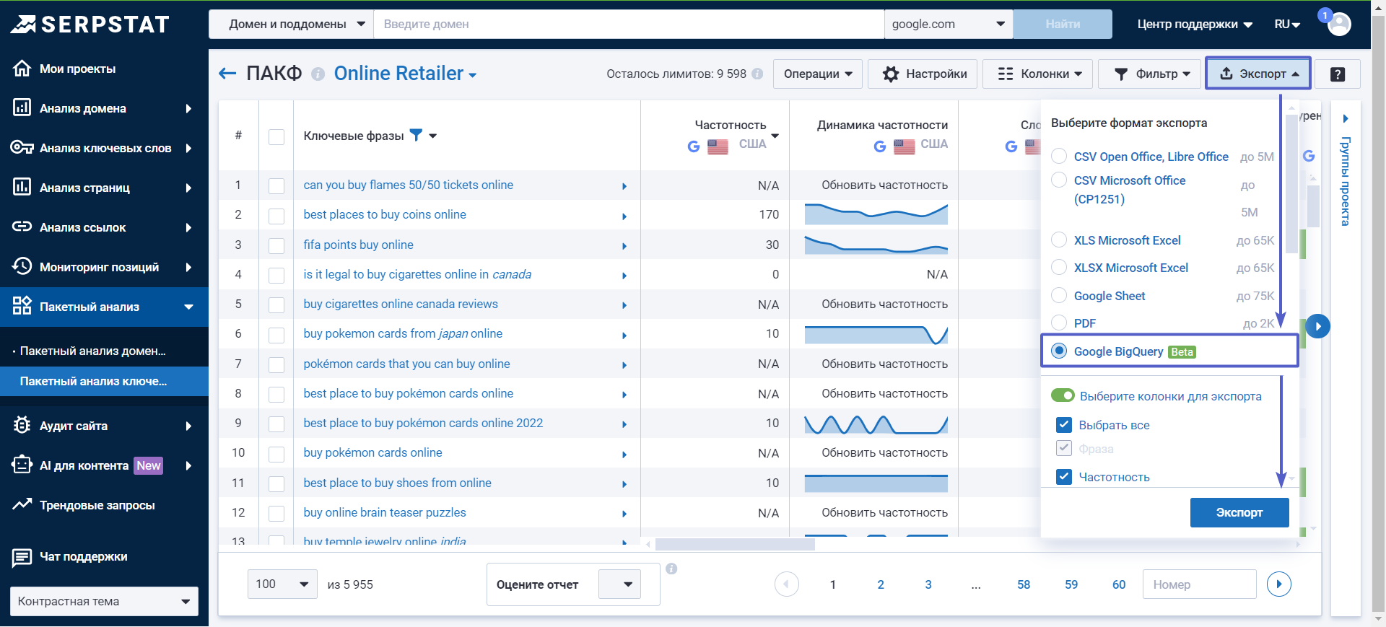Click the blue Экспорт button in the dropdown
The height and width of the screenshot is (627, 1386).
point(1239,512)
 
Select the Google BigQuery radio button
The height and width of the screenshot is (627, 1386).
point(1059,351)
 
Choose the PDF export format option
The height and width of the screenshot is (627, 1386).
point(1059,323)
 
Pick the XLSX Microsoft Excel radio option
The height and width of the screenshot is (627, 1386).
point(1059,267)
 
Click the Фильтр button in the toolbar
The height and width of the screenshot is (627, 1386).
point(1151,74)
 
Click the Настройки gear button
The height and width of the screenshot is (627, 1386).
point(924,74)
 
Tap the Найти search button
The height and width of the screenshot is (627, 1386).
point(1062,24)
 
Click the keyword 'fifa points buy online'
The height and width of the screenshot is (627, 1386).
point(358,245)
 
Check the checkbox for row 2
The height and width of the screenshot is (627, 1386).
point(276,215)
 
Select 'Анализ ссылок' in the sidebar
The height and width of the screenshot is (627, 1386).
point(83,227)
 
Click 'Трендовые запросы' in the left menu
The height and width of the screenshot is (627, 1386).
point(97,505)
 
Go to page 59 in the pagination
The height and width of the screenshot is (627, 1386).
point(1071,584)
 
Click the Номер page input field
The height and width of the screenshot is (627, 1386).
point(1198,584)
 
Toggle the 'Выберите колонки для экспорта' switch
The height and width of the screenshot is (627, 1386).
point(1063,395)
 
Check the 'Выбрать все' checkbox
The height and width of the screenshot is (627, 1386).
point(1063,425)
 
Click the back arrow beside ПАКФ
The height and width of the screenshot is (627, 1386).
point(227,74)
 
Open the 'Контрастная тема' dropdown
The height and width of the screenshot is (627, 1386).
point(104,601)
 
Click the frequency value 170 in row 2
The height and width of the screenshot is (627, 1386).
point(768,214)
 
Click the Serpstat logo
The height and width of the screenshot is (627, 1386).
point(90,25)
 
